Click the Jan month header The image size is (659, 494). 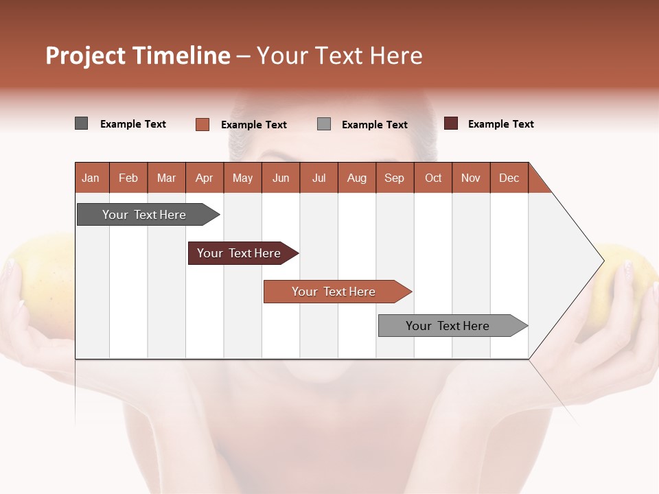tap(91, 178)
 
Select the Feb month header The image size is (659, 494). tap(128, 178)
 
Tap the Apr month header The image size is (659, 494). tap(204, 178)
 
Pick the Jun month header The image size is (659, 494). tap(281, 178)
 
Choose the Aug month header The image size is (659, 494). tap(356, 178)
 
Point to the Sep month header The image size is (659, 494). tap(394, 178)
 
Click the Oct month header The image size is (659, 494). tap(433, 178)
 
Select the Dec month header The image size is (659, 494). tap(509, 178)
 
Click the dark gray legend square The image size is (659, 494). tap(82, 123)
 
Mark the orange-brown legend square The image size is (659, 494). tap(203, 124)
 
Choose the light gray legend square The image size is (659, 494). tap(324, 124)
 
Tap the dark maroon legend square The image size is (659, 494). tap(451, 123)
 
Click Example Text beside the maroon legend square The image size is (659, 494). tap(500, 124)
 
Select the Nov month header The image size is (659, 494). tap(471, 178)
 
